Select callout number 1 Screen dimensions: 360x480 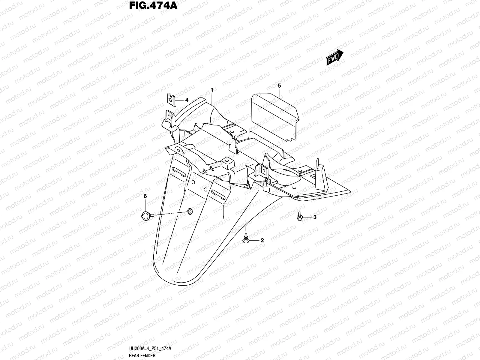(x=212, y=90)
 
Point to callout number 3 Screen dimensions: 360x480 (x=315, y=217)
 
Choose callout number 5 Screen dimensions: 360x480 (x=279, y=86)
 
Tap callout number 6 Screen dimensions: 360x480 (x=145, y=196)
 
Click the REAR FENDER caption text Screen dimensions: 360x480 (x=142, y=356)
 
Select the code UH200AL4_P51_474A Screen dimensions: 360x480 (x=150, y=348)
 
